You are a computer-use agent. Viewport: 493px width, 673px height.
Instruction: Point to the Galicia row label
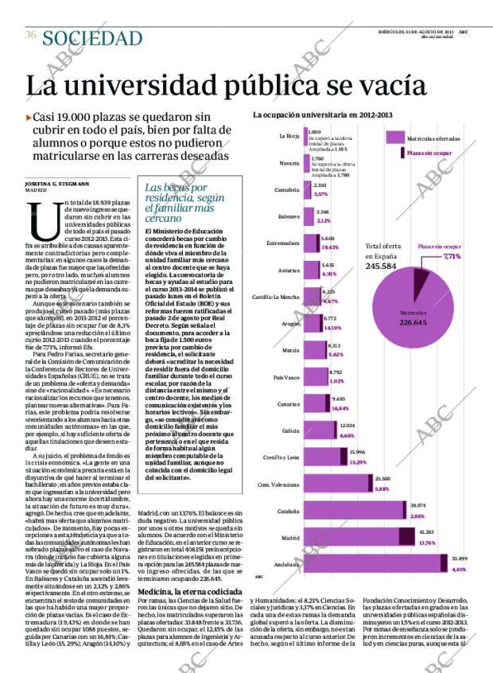pyautogui.click(x=289, y=430)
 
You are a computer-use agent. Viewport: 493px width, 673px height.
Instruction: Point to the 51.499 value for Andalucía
pyautogui.click(x=459, y=559)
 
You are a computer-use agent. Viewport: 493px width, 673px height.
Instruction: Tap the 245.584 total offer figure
pyautogui.click(x=381, y=266)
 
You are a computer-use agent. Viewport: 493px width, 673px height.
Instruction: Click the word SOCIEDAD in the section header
pyautogui.click(x=92, y=38)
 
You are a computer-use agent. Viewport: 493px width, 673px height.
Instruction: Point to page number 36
pyautogui.click(x=31, y=35)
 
